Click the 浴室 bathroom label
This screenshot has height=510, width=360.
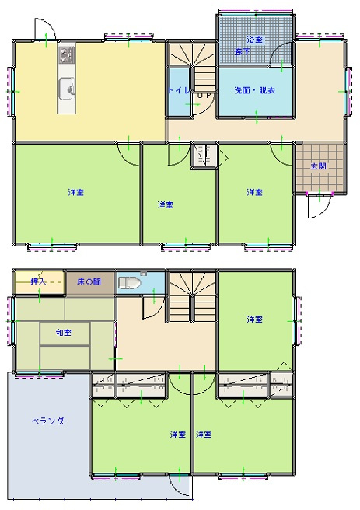pos(254,39)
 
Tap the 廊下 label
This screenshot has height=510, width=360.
pos(243,51)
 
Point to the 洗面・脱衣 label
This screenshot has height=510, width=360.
pos(254,90)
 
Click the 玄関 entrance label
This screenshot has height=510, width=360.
pos(318,166)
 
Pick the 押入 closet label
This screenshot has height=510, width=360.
pos(37,281)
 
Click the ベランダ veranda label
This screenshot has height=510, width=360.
pos(47,421)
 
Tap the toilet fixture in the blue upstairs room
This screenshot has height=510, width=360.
pos(130,283)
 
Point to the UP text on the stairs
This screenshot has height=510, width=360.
pos(204,96)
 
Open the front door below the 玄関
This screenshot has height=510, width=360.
pos(319,204)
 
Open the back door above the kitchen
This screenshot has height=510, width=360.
pos(45,31)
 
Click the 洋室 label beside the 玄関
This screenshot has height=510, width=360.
pos(254,192)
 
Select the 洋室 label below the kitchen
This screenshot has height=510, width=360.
pos(75,192)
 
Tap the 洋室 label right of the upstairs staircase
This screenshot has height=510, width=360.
pos(254,320)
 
